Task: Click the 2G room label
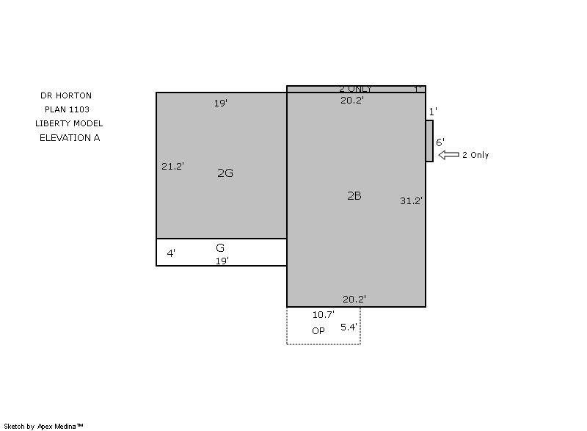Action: pos(225,173)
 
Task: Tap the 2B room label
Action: pos(354,196)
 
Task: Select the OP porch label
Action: pos(318,330)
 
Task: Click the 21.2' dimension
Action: pos(172,166)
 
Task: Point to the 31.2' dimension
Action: pos(411,200)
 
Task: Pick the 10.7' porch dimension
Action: pos(324,314)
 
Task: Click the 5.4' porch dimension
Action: pos(349,327)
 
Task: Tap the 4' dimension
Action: pos(171,253)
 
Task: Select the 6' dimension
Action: pos(440,142)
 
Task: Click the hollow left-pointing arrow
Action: pos(448,155)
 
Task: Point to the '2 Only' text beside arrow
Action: pos(475,155)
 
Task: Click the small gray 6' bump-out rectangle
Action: pos(429,141)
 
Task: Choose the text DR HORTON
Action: pos(66,95)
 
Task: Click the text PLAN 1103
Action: pos(67,109)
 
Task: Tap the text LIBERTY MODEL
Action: pos(69,123)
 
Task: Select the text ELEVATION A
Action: pos(70,138)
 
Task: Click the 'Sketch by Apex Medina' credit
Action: pos(43,426)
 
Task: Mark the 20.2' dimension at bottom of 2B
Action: pos(354,299)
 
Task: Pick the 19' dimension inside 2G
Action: pos(221,103)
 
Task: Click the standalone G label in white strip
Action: pos(220,248)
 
